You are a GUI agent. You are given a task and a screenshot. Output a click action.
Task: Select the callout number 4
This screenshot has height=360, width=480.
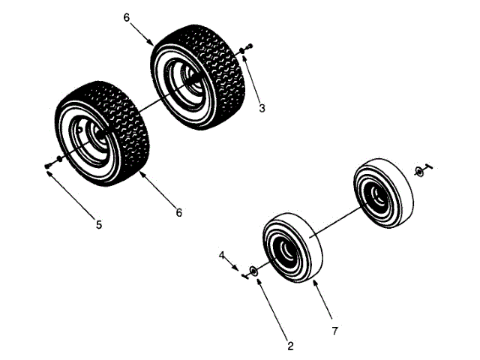pyautogui.click(x=222, y=256)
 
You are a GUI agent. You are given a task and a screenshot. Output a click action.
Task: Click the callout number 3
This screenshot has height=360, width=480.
pyautogui.click(x=262, y=108)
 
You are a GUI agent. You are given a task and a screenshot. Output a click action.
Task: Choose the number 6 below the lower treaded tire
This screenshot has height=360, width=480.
pyautogui.click(x=179, y=212)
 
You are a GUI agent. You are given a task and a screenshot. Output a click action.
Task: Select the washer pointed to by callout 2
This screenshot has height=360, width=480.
pyautogui.click(x=255, y=270)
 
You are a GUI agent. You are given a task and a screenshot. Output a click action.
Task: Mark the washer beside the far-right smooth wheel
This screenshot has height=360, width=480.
pyautogui.click(x=420, y=172)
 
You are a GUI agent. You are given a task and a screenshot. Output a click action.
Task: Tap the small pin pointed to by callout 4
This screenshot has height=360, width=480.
pyautogui.click(x=244, y=275)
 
